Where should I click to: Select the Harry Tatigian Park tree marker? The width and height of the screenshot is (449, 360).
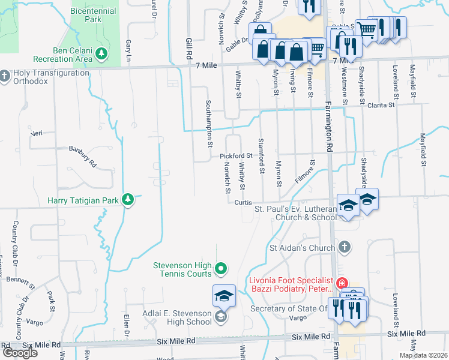point(127,199)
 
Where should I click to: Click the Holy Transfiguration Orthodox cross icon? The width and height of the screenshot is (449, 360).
point(5,76)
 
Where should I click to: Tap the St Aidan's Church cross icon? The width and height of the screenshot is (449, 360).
point(345,247)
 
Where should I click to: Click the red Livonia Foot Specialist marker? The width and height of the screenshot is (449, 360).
point(342,283)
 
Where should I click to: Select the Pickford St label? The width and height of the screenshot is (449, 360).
point(235,156)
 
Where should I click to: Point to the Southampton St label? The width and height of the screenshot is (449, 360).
point(209,123)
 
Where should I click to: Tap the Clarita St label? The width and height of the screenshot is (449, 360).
point(382,105)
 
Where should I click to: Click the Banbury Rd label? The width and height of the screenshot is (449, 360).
point(82,155)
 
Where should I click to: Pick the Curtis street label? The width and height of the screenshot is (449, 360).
point(243,202)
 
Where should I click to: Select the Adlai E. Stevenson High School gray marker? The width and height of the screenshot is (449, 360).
point(220,317)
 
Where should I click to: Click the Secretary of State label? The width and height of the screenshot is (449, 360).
point(288,308)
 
